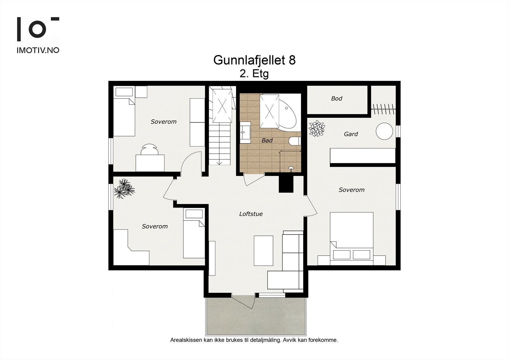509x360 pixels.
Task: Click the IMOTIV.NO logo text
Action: point(38,50)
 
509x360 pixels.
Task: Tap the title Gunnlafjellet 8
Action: point(254,60)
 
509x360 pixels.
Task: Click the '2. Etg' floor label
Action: point(254,74)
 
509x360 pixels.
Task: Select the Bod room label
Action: point(337,99)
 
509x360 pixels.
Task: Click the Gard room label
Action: point(351,134)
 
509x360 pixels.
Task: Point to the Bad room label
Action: point(267,140)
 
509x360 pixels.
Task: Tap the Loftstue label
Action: point(251,214)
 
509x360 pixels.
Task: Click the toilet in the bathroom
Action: point(295,141)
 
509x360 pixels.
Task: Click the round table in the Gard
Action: point(385,131)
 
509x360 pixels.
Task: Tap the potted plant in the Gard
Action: point(317,129)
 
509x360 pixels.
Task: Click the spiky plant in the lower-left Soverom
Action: point(124,188)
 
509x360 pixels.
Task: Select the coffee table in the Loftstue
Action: point(263,251)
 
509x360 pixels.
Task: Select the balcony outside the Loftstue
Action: point(256,317)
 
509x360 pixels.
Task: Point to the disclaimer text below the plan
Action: point(254,340)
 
